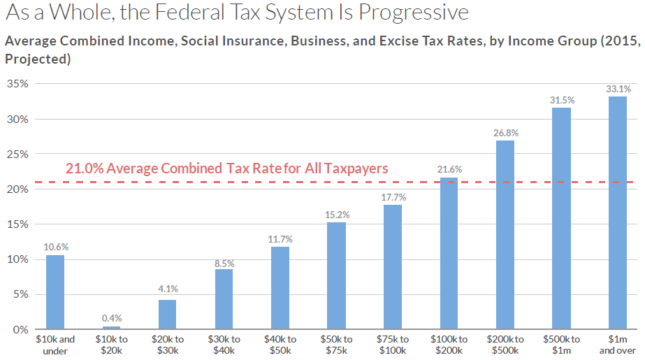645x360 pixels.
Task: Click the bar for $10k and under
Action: [x=55, y=292]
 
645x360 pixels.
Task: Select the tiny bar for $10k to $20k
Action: [x=111, y=327]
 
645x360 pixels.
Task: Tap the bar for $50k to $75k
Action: [x=336, y=275]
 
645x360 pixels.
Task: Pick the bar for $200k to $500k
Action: [x=505, y=235]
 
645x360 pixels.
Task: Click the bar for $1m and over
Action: [x=618, y=213]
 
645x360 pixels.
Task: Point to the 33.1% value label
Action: [x=618, y=89]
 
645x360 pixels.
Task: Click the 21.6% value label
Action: [x=449, y=170]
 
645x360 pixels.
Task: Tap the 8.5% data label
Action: [x=224, y=264]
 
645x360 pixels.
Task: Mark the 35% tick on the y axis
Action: [x=17, y=84]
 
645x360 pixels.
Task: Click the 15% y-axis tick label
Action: [x=17, y=224]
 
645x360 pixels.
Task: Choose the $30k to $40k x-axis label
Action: [x=224, y=345]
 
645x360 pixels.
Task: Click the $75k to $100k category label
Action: [x=393, y=345]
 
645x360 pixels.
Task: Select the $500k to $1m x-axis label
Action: [x=561, y=345]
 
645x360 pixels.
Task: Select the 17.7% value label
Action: [x=393, y=197]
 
